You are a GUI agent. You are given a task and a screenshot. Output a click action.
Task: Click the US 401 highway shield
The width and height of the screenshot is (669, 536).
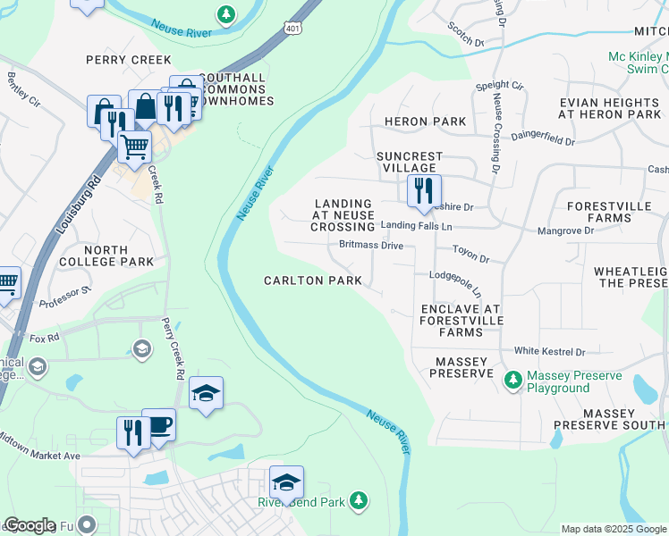(292, 29)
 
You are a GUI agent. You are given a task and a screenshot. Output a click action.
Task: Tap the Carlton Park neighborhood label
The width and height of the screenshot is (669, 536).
(312, 281)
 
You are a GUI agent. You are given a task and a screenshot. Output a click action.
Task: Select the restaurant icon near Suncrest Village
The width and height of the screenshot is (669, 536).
(423, 190)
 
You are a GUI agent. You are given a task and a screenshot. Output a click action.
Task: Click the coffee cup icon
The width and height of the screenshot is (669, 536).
(159, 426)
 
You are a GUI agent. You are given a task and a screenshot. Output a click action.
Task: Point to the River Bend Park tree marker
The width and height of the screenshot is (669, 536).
(358, 500)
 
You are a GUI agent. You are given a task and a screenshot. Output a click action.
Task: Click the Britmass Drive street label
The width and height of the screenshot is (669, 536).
(370, 245)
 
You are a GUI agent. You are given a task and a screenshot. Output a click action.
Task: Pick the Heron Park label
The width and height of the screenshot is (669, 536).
(425, 121)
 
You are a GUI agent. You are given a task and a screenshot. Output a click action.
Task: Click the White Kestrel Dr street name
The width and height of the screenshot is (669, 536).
(548, 352)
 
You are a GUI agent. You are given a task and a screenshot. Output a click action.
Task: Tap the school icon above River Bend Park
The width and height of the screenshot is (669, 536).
(286, 482)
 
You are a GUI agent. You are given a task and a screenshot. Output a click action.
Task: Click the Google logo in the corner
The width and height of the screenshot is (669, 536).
(30, 525)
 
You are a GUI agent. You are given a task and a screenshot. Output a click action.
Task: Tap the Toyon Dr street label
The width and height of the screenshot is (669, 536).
(470, 255)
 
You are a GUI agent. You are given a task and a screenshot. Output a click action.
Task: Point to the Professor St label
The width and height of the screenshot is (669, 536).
(65, 296)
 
